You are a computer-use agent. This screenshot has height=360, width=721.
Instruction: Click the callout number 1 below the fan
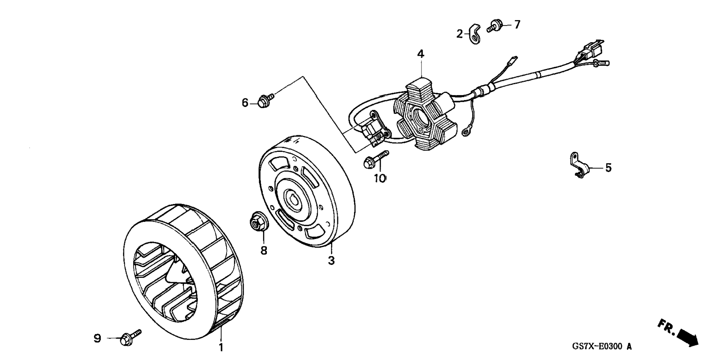coord(221,348)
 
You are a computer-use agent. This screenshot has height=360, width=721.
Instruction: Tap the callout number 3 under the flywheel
coord(331,260)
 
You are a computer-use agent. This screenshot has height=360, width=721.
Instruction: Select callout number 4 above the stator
coord(421,54)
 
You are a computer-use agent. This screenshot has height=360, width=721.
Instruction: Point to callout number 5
coord(608,168)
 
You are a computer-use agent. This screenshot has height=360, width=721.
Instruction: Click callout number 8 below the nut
coord(264,250)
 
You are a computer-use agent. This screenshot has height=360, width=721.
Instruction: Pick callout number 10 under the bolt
coord(380,179)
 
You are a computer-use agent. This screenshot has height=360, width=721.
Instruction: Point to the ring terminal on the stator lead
coord(466,130)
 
